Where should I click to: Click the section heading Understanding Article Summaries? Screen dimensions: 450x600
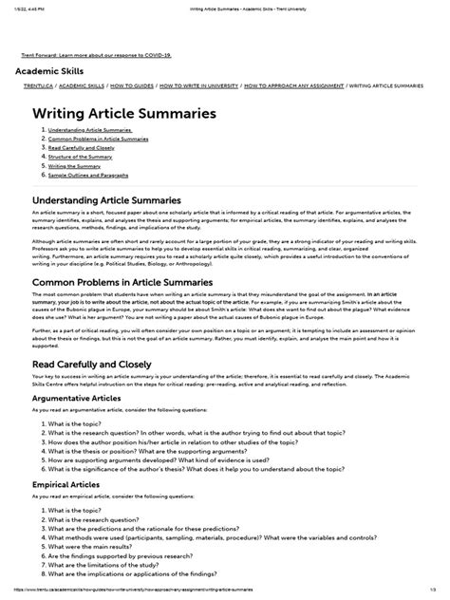click(x=107, y=200)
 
